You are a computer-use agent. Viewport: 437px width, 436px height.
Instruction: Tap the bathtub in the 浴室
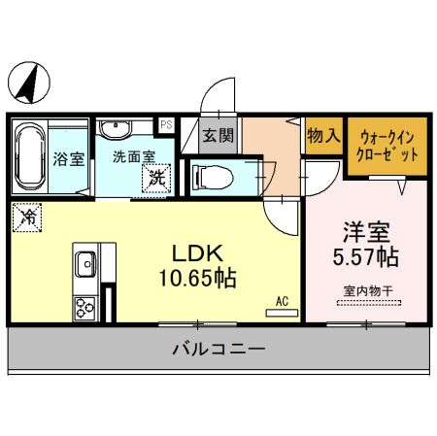point(28,156)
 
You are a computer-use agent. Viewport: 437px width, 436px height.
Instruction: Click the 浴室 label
point(68,158)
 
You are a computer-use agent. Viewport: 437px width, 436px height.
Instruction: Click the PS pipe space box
point(166,124)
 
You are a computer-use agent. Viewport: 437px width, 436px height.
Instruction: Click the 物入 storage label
point(322,136)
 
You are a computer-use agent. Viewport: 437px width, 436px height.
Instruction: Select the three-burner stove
point(82,306)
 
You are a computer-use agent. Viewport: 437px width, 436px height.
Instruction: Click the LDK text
point(199,253)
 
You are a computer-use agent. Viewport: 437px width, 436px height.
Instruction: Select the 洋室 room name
point(366,234)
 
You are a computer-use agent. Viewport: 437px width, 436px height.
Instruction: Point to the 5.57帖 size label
point(366,259)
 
